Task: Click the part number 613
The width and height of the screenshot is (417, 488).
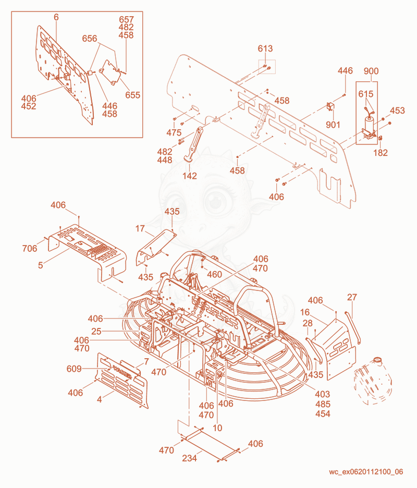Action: click(x=265, y=48)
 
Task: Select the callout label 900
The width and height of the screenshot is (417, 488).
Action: click(x=371, y=71)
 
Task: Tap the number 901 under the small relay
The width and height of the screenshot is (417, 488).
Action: click(x=333, y=125)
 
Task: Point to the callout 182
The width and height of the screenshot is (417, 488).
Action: click(x=381, y=153)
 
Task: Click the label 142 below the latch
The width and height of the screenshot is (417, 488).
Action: click(x=190, y=176)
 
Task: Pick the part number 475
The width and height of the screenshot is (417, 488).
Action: click(x=174, y=132)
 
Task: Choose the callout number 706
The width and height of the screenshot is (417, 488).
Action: click(x=30, y=248)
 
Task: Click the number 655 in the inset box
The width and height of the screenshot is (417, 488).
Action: click(x=132, y=95)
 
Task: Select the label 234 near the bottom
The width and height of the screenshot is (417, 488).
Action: click(x=190, y=458)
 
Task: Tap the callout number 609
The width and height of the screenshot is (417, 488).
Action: click(x=74, y=369)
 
